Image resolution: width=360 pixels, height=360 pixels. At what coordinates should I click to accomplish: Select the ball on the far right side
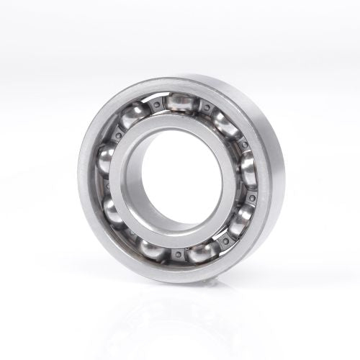tap(248, 171)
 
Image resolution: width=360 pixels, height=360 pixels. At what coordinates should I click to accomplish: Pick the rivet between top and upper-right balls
tap(206, 109)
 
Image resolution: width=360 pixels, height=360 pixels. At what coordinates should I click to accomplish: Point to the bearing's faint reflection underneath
tap(180, 317)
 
